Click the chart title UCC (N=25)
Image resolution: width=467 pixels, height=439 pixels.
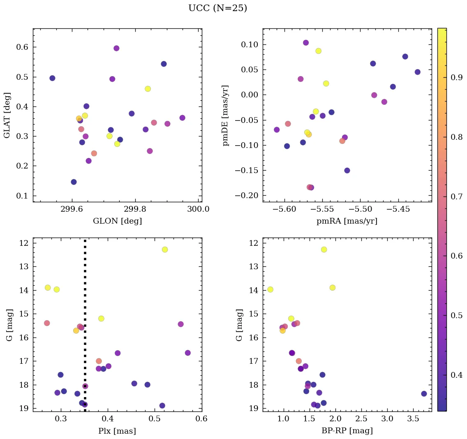click(x=217, y=8)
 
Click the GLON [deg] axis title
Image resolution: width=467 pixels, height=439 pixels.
click(x=117, y=221)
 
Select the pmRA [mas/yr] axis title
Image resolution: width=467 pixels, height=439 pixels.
click(x=347, y=221)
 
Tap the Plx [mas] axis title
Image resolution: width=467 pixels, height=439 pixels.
click(x=117, y=431)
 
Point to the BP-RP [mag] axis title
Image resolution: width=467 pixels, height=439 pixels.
click(x=347, y=431)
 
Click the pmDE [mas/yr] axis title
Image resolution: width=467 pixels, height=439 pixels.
click(x=226, y=116)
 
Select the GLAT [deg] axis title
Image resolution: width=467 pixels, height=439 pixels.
click(x=7, y=116)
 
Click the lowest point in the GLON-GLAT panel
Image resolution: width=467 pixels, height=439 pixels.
click(x=74, y=182)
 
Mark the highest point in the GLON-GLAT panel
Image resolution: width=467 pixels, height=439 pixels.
click(x=116, y=48)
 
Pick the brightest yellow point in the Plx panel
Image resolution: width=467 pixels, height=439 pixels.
click(x=165, y=250)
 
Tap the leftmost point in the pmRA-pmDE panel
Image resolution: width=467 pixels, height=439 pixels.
click(x=277, y=130)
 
